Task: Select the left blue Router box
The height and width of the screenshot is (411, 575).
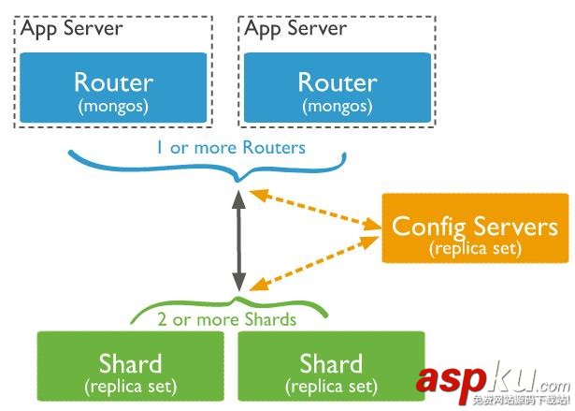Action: [112, 90]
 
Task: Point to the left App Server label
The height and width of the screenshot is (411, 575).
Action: [71, 27]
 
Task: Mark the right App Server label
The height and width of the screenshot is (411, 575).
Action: [295, 27]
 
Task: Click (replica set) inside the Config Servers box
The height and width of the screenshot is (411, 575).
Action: [475, 249]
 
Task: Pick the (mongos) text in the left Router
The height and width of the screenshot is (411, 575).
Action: [112, 105]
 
